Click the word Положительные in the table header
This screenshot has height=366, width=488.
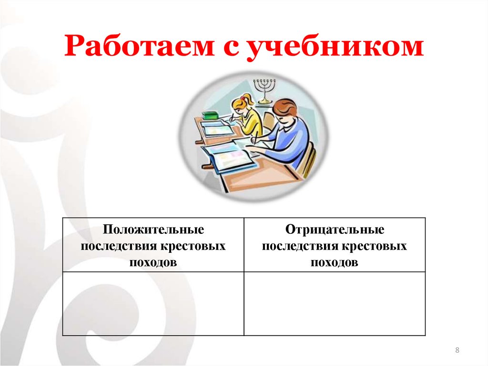153,230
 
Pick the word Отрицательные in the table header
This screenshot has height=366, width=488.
335,230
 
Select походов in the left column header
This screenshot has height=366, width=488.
153,262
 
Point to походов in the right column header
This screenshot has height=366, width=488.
335,262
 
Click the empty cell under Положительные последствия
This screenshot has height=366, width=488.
153,303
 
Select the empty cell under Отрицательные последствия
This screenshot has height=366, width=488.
335,303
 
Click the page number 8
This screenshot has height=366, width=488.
457,351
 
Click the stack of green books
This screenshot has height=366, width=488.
209,116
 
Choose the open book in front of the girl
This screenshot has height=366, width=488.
216,128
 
